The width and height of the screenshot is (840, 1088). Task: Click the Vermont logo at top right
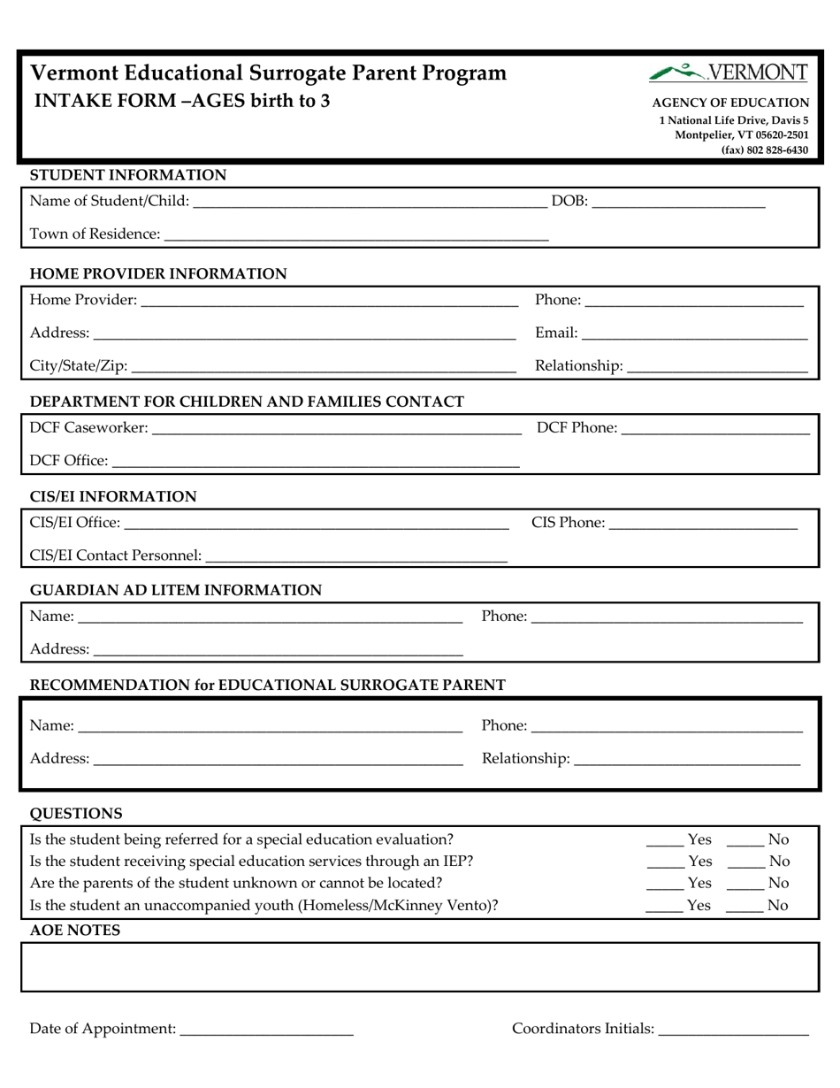(x=728, y=73)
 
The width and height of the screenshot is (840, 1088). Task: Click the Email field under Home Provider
(x=695, y=333)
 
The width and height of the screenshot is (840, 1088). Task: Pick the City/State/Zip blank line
(x=324, y=365)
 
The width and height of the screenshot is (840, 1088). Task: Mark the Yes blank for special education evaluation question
(x=664, y=840)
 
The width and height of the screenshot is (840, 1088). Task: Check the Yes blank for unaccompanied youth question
(x=664, y=906)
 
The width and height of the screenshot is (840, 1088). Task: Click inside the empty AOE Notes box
(x=420, y=966)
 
